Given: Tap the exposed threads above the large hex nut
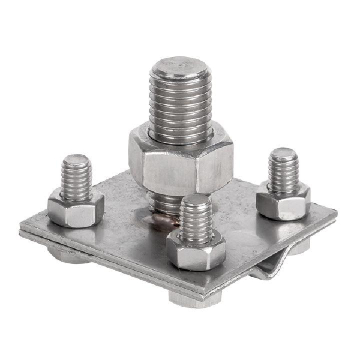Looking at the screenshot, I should (180, 102).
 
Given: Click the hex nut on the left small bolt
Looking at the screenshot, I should (75, 208).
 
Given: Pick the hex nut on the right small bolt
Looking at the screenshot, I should (283, 202).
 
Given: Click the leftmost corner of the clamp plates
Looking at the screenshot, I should (20, 230).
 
